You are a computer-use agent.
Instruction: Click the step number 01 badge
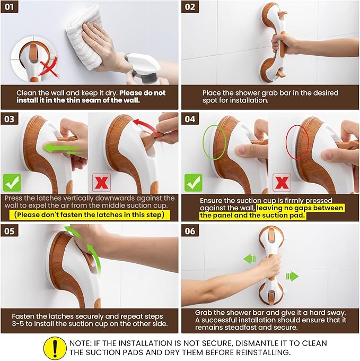[10, 7]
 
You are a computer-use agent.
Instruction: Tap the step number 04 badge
[190, 119]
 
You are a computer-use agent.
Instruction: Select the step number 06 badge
[190, 231]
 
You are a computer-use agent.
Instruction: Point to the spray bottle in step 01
[143, 68]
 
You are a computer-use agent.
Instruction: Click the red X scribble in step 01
[48, 67]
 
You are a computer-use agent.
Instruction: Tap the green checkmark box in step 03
[12, 183]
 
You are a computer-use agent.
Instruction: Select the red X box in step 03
[101, 183]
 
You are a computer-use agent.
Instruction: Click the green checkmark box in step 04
[194, 183]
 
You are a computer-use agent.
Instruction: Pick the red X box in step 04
[282, 183]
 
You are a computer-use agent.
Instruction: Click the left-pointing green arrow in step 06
[250, 259]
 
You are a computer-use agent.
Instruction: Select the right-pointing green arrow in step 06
[292, 276]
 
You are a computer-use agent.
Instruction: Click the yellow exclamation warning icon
[55, 348]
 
